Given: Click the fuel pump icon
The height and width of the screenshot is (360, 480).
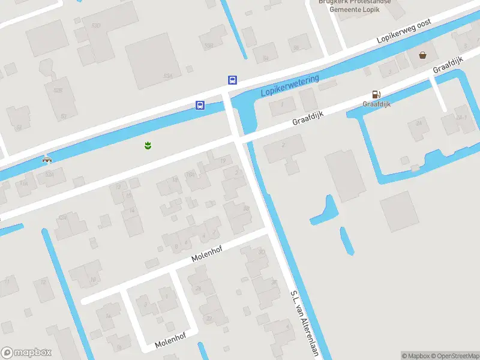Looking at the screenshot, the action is pos(376,94).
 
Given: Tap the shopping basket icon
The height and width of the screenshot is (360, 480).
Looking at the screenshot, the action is pos(424,55).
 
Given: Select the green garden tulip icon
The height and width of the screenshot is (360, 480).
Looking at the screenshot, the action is pos(147,145).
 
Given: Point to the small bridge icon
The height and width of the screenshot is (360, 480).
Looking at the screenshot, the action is pos(47,159).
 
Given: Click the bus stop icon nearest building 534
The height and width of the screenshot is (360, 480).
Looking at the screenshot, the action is pos(232,80).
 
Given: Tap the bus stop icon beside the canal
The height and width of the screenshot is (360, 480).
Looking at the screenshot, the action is pos(200,106).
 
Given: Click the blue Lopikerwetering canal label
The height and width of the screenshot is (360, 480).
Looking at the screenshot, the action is pos(290,86).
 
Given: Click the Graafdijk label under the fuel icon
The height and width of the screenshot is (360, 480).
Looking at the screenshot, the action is pos(376,104).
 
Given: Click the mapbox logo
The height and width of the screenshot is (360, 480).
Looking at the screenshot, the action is pos(26,352).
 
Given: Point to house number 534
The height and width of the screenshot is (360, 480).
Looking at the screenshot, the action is pos(167,76).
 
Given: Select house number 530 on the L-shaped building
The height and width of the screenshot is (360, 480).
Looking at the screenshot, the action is pos(95,26).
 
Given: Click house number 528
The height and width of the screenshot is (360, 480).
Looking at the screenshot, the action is pos(58,91).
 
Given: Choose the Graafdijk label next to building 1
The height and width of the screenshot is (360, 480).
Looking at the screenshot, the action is pos(308,118).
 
